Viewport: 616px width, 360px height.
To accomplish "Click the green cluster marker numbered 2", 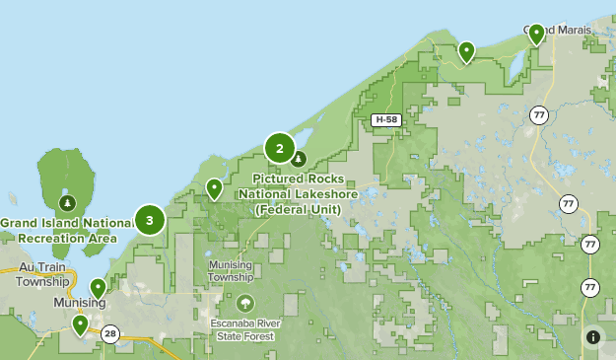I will pos(280,149).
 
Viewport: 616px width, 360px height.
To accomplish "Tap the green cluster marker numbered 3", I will pos(150,220).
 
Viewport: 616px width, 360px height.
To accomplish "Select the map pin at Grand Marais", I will pos(536,35).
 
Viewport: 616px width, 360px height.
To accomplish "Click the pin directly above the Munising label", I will pos(98,288).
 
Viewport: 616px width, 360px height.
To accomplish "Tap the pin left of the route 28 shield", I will pos(80,324).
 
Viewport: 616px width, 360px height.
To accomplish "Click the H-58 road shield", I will pos(384,119).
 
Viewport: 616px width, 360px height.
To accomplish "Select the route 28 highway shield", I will pos(110,333).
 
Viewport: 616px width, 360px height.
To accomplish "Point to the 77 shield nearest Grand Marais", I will pos(537,113).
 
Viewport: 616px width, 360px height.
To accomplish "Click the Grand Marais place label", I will pos(558,30).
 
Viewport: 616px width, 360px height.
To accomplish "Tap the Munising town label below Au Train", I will pos(80,302).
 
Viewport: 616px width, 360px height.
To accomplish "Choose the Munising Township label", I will pos(231,271).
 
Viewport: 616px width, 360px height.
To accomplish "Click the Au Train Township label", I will pos(43,274).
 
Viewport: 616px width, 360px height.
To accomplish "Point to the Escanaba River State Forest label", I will pos(243,329).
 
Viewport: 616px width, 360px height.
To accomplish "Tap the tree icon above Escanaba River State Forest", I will pos(244,303).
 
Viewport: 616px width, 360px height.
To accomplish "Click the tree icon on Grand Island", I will pos(67,203).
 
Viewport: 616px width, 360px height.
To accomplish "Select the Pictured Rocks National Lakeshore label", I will pos(298,193).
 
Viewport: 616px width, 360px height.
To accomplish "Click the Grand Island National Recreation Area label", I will pos(59,230).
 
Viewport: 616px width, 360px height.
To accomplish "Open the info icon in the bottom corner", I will pos(593,336).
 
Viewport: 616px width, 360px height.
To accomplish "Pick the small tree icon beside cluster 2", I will pos(299,159).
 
